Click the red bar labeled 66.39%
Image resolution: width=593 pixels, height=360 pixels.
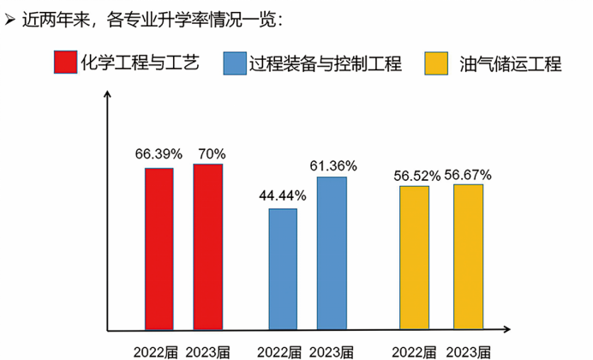point(159,249)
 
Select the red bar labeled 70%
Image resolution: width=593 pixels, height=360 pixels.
point(207,246)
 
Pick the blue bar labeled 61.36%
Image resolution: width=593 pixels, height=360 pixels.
point(332,253)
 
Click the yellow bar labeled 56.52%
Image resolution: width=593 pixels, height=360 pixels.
point(414,257)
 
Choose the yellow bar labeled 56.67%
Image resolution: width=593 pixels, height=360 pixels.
point(468,256)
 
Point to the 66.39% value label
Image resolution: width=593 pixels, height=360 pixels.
point(159,154)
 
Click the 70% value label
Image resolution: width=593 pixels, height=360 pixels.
point(211,154)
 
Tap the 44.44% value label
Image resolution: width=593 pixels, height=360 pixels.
point(283,195)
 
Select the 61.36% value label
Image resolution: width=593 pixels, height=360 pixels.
point(333,165)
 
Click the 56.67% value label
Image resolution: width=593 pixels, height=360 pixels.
point(468,174)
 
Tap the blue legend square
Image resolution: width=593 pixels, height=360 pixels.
point(234,63)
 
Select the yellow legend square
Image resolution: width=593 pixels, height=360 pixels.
point(437,63)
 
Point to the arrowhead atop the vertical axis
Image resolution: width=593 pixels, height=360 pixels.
point(107,94)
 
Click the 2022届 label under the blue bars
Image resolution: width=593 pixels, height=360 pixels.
point(279,351)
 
